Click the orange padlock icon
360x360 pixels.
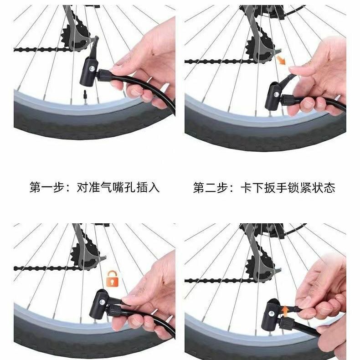point(112,278)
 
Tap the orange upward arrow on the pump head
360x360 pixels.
point(285,312)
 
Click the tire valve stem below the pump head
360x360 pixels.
point(85,97)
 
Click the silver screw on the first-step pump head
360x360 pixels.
point(92,68)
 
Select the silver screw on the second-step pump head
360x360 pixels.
point(277,94)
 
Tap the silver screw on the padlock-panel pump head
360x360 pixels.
point(102,302)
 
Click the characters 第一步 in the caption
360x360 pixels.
point(46,187)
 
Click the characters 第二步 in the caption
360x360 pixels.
point(210,188)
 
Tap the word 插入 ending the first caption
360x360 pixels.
point(148,187)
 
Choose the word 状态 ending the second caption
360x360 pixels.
point(324,188)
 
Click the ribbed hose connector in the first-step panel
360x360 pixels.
point(103,75)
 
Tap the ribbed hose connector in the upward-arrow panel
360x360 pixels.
point(285,323)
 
